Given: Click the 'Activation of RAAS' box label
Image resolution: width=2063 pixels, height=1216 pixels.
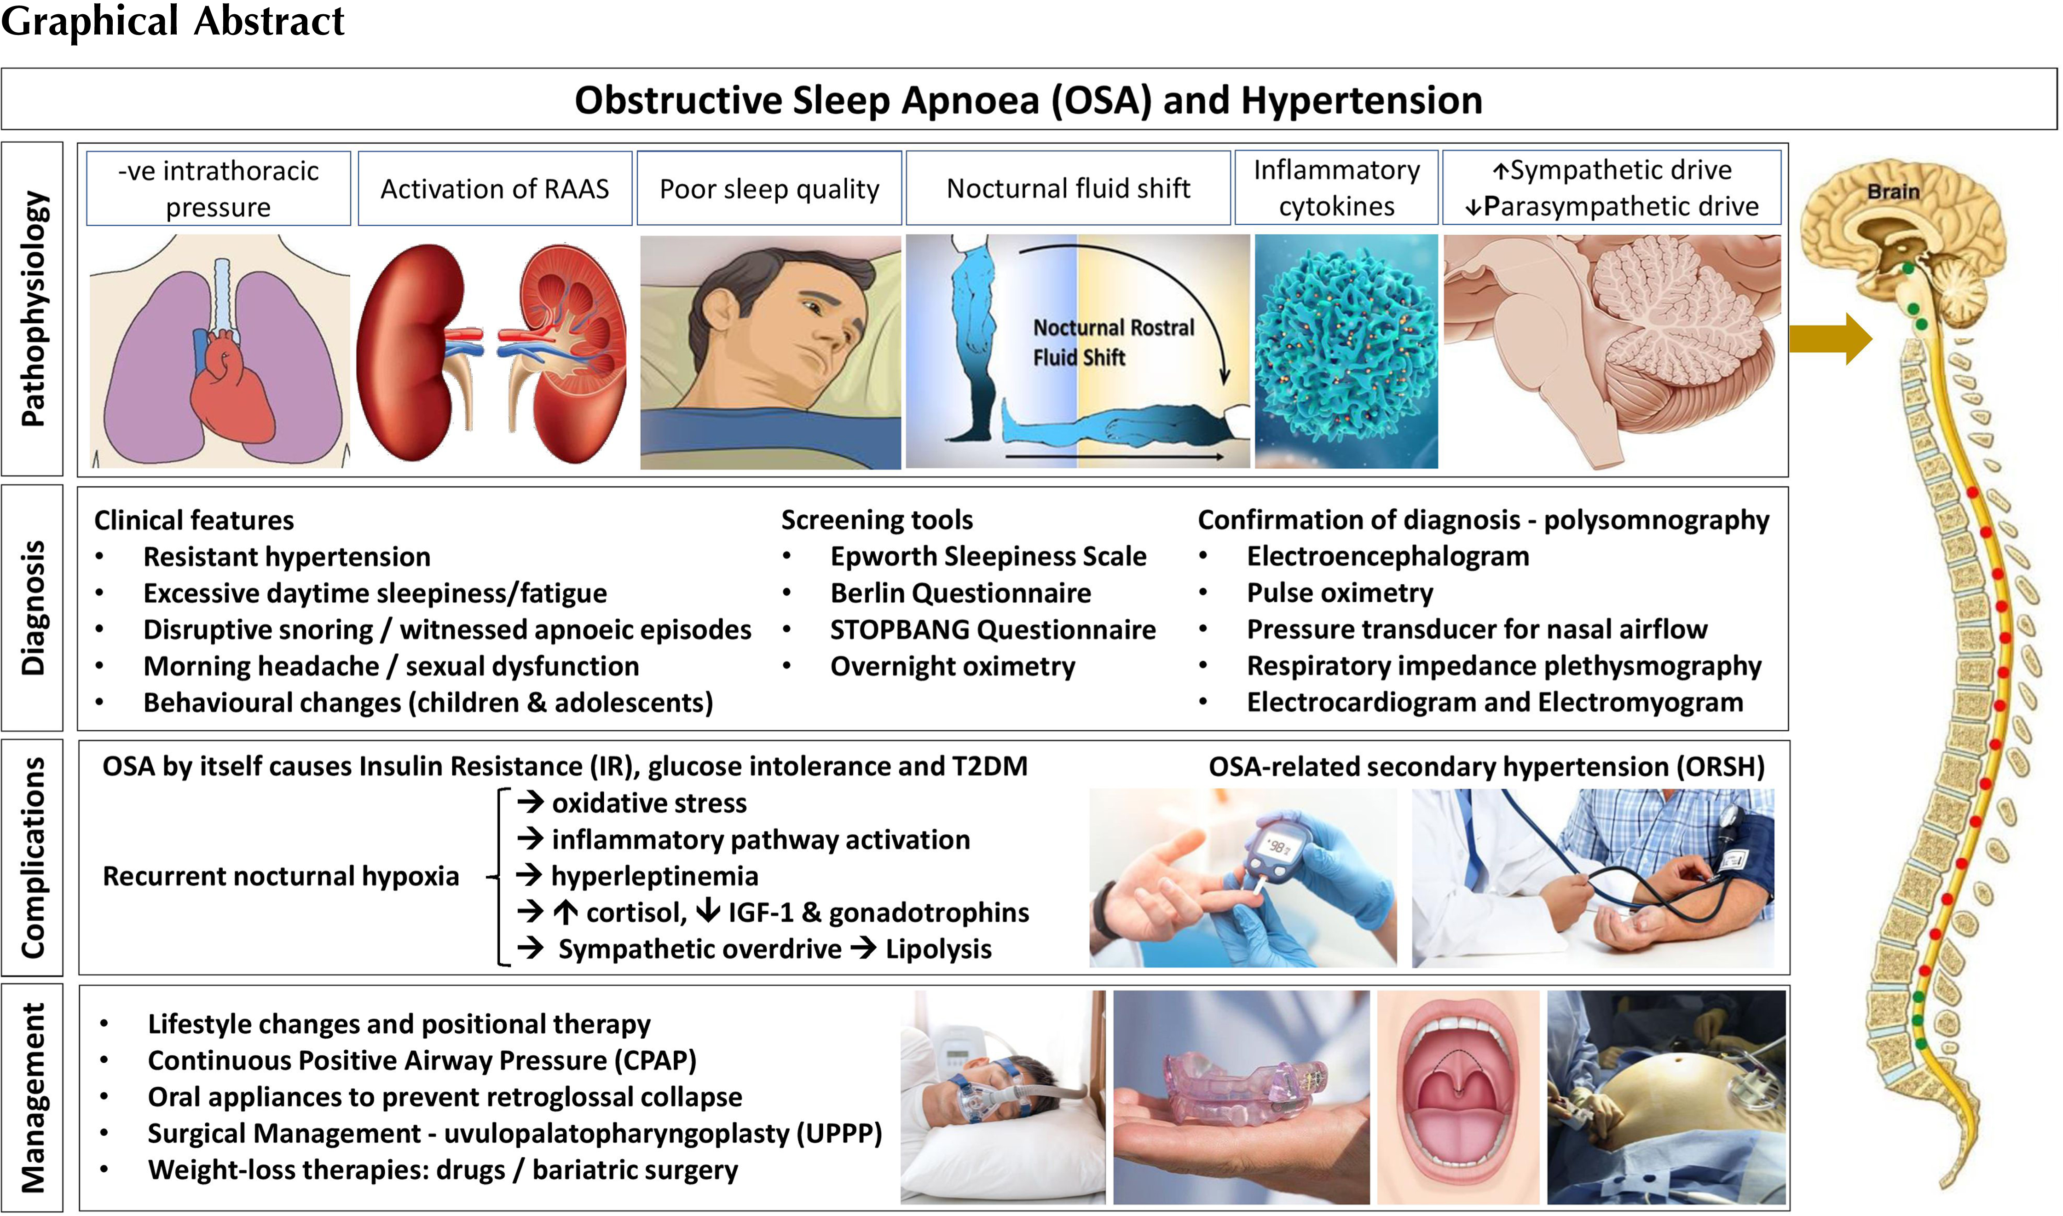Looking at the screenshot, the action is coord(495,188).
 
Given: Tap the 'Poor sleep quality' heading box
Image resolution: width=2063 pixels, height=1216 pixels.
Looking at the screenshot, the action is coord(769,188).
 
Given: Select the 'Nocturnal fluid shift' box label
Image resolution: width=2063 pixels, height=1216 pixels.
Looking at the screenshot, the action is coord(1068,188).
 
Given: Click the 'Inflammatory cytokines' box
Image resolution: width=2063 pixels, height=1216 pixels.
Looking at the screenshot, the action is coord(1336,188).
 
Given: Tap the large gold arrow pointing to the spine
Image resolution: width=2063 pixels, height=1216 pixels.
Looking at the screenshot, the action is coord(1831,337).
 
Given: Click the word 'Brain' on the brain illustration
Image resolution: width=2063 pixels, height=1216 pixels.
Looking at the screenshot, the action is coord(1894,192).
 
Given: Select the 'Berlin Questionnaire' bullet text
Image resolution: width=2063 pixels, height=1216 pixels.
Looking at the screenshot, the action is coord(961,593).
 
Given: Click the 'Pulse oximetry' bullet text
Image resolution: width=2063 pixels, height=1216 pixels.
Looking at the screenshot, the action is coord(1340,593).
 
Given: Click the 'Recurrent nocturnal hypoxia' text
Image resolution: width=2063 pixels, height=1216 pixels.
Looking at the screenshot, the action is coord(280,876).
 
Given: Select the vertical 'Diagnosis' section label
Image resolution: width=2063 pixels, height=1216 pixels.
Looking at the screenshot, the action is coord(33,607).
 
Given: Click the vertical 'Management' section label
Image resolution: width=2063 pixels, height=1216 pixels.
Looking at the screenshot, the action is coord(33,1098).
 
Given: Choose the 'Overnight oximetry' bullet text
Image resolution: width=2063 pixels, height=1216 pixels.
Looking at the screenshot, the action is coord(953,666).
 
